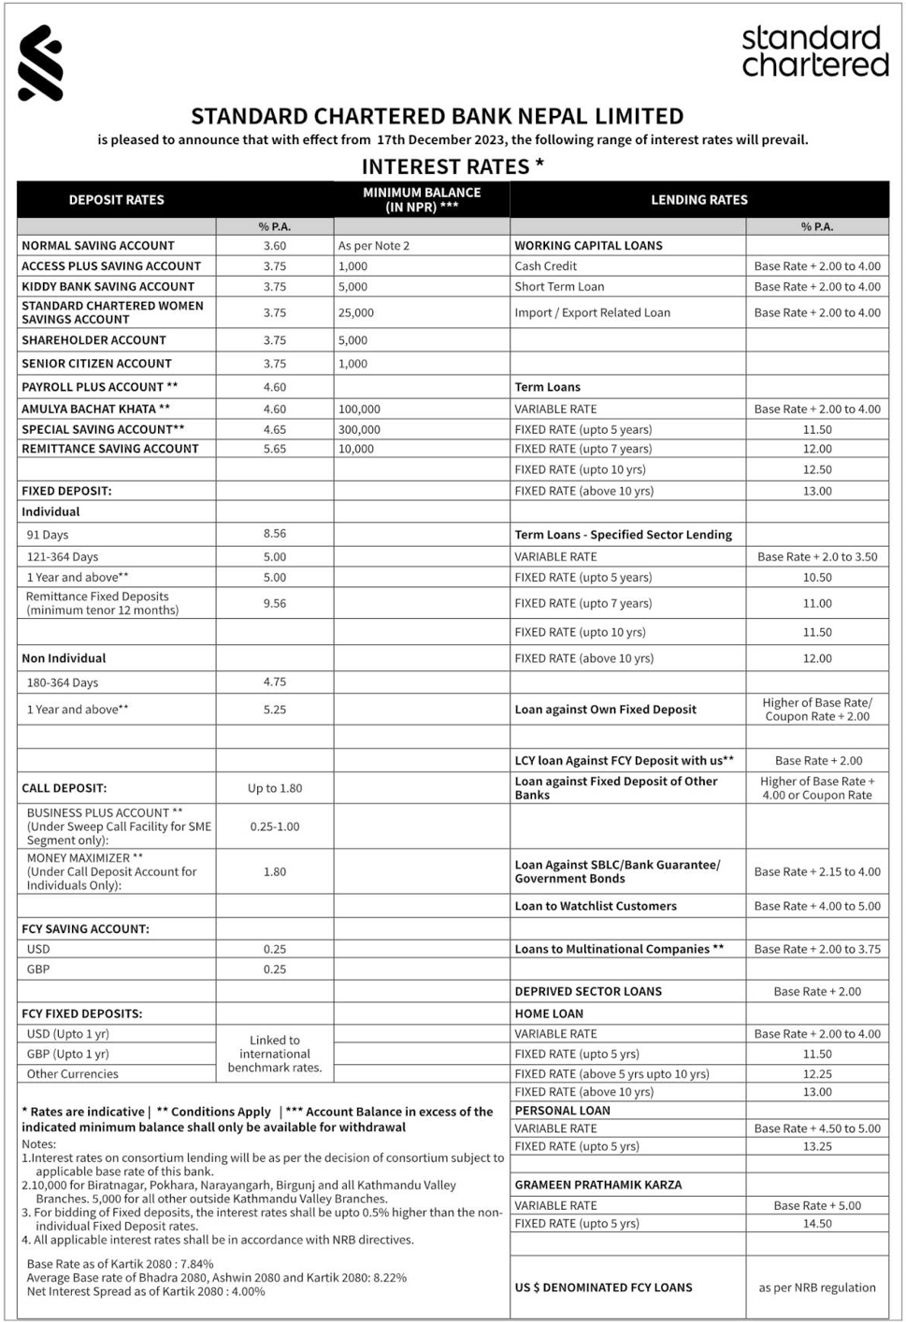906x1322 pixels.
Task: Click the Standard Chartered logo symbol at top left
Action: (40, 63)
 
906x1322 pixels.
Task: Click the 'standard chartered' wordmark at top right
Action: (814, 51)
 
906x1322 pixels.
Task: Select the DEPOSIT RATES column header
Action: (116, 199)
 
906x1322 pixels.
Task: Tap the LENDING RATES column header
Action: (698, 199)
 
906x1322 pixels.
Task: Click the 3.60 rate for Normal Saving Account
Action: (274, 246)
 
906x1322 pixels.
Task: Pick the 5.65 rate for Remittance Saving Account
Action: (274, 449)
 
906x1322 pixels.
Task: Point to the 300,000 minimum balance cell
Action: (359, 429)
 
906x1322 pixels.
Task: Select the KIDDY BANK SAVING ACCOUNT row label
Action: (108, 286)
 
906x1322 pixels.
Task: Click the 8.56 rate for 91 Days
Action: (274, 534)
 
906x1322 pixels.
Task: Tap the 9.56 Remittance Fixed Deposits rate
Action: (274, 603)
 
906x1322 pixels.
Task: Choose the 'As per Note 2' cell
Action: (373, 246)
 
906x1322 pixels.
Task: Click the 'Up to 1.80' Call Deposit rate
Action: (274, 788)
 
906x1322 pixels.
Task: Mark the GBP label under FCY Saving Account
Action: (38, 969)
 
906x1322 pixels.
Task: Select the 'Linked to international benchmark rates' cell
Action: (274, 1054)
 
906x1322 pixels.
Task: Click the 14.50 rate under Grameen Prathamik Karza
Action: (816, 1223)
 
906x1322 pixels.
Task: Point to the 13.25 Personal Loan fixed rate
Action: (816, 1146)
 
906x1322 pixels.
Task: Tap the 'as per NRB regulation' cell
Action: (816, 1287)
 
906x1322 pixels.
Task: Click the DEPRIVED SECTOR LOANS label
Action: (587, 991)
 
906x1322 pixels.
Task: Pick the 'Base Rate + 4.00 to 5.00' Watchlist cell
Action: (816, 906)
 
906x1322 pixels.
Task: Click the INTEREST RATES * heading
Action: (453, 166)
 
